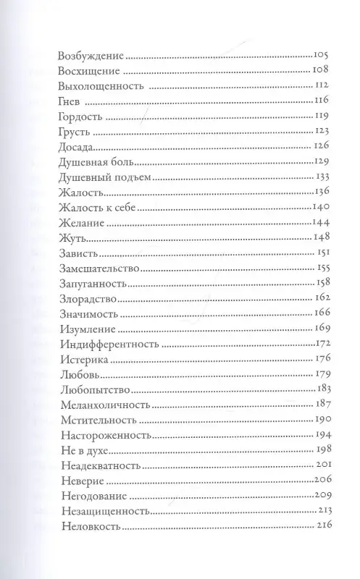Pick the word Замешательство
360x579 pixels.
(97, 268)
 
